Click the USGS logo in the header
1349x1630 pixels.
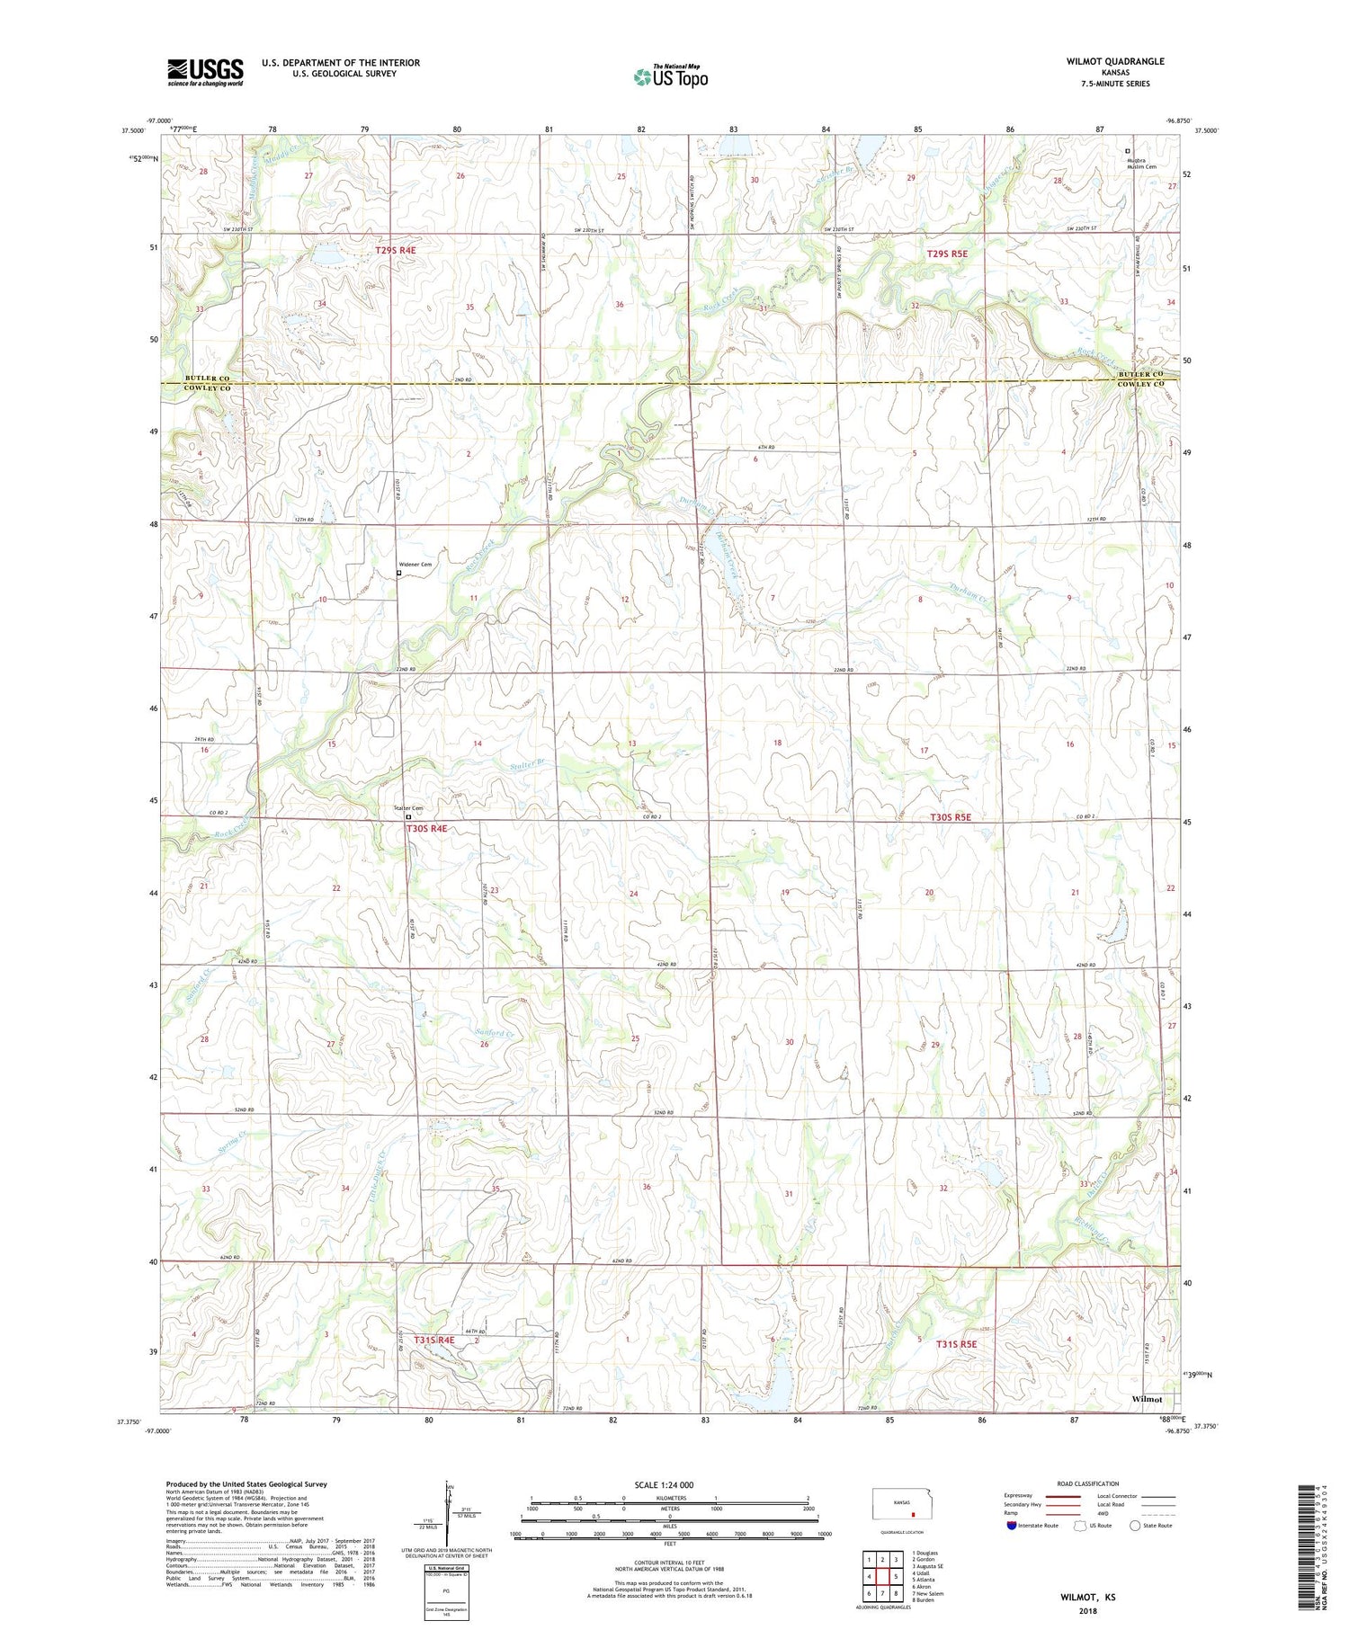point(205,72)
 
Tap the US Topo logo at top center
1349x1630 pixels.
point(670,76)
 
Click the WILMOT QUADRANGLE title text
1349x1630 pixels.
point(1114,61)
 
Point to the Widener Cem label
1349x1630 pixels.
point(415,565)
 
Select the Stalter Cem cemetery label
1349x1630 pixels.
point(408,808)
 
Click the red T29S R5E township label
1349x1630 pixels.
point(947,254)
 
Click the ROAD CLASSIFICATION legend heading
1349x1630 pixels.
point(1088,1483)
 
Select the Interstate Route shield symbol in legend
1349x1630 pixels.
point(1012,1526)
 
